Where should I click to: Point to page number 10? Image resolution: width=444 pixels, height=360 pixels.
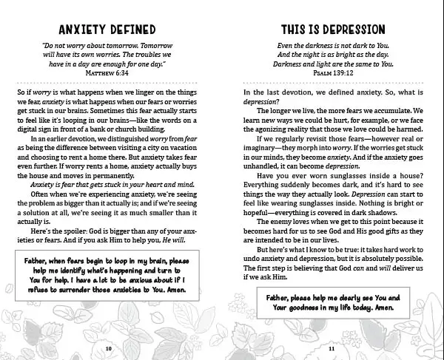coord(109,347)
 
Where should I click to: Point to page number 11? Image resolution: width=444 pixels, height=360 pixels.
coord(331,347)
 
